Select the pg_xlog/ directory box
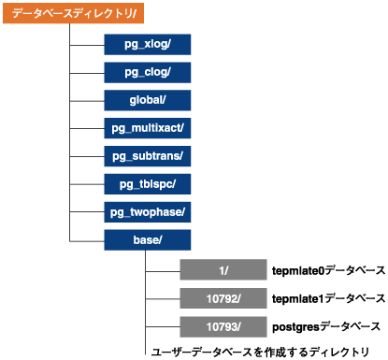point(146,45)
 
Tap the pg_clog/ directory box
point(146,72)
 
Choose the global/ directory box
point(146,100)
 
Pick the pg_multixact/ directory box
point(146,128)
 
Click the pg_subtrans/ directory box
point(146,155)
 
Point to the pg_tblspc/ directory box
point(146,183)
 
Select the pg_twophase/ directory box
point(146,211)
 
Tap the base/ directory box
point(146,239)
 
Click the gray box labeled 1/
point(223,271)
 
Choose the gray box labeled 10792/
point(223,298)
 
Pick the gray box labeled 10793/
point(223,326)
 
